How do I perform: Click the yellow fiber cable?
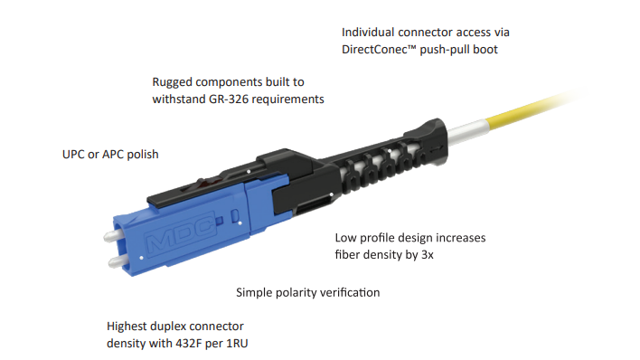point(531,110)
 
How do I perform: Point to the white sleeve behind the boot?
point(467,132)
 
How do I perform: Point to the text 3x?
point(428,255)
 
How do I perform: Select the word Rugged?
point(173,82)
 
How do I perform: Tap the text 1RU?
point(237,343)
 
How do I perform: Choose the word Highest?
point(127,327)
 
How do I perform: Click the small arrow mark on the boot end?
point(437,147)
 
